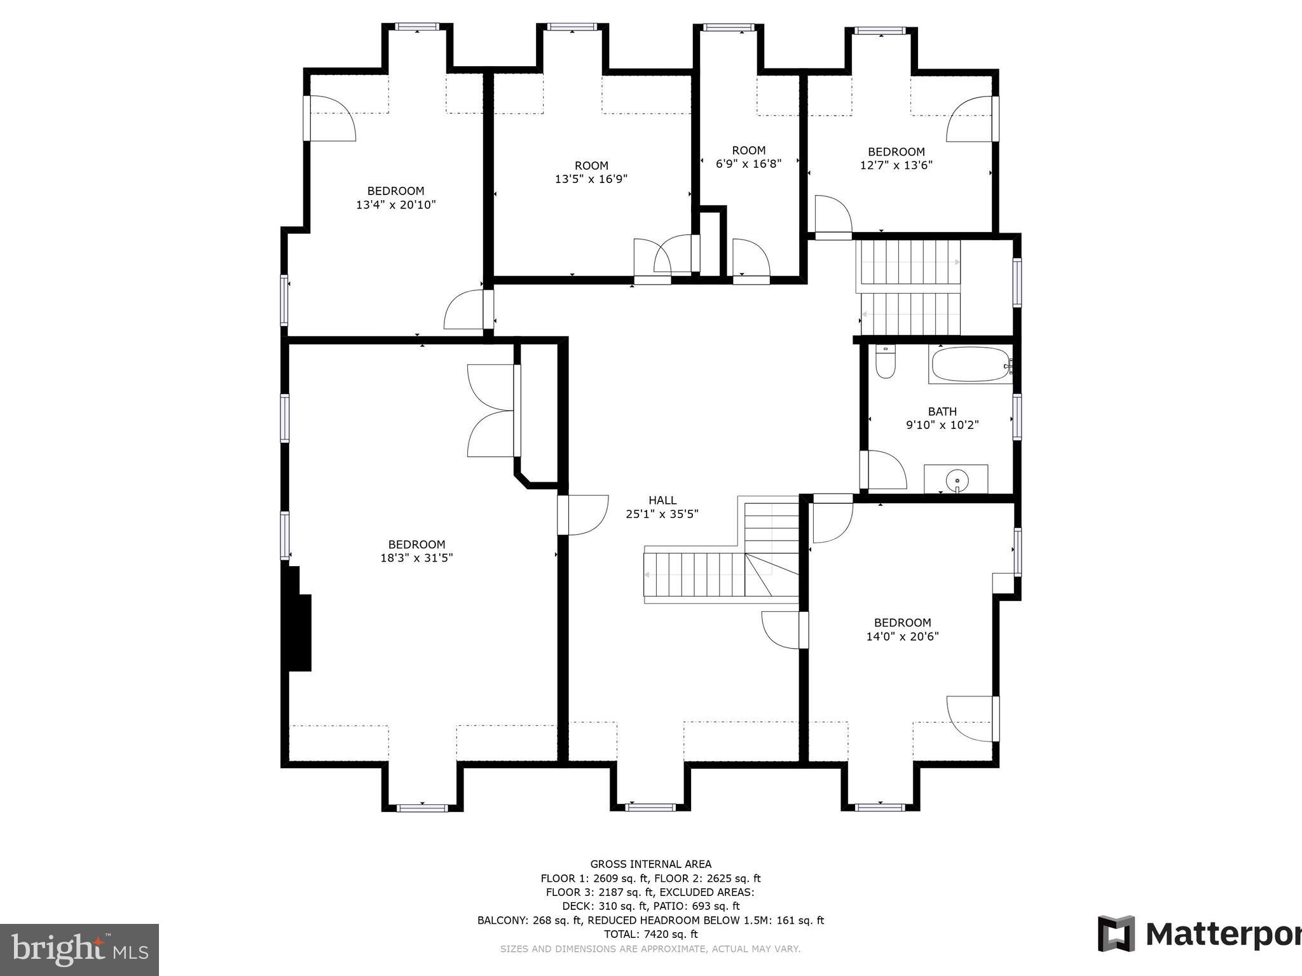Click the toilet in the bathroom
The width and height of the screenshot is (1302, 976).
pyautogui.click(x=885, y=362)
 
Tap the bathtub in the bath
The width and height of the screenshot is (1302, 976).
pyautogui.click(x=970, y=364)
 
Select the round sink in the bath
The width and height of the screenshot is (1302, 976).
pyautogui.click(x=956, y=480)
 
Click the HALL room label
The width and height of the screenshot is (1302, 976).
pyautogui.click(x=662, y=500)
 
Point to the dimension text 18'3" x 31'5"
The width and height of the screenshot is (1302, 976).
pyautogui.click(x=416, y=558)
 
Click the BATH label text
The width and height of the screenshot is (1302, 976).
pyautogui.click(x=942, y=411)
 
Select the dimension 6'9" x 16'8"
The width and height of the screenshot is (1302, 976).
pyautogui.click(x=748, y=163)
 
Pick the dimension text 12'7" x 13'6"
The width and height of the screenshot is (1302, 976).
pyautogui.click(x=896, y=165)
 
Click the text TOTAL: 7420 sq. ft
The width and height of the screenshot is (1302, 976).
pyautogui.click(x=650, y=934)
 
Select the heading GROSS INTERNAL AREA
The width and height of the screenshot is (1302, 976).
pyautogui.click(x=651, y=864)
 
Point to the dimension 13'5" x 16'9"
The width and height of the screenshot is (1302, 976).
pyautogui.click(x=591, y=179)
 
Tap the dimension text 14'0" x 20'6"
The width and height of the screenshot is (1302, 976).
pyautogui.click(x=902, y=636)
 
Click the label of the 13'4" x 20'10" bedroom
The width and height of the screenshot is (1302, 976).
pyautogui.click(x=395, y=191)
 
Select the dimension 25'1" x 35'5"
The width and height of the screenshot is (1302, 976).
pyautogui.click(x=662, y=514)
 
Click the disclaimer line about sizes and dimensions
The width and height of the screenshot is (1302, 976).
pyautogui.click(x=650, y=949)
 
